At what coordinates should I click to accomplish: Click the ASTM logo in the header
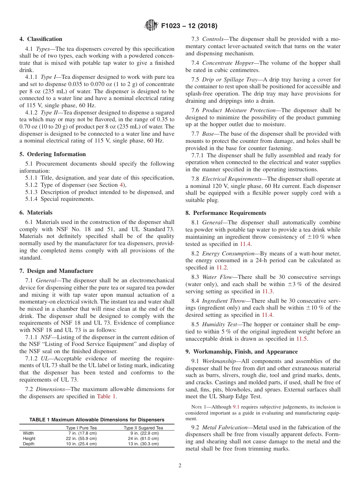click(x=152, y=26)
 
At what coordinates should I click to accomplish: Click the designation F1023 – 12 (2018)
click(x=189, y=26)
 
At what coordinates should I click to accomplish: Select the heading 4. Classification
click(x=41, y=39)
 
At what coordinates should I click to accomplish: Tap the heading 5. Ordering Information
click(x=53, y=154)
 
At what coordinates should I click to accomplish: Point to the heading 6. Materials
click(x=36, y=213)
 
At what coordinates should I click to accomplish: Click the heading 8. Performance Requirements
click(x=226, y=213)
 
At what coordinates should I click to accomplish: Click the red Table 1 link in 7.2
click(x=106, y=396)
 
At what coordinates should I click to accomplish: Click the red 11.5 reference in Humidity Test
click(x=302, y=339)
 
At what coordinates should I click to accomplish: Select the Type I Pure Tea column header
click(x=81, y=428)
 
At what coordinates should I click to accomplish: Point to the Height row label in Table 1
click(x=29, y=438)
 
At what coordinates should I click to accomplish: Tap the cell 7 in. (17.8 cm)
click(x=82, y=433)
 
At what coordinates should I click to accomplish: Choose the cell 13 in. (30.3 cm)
click(x=144, y=444)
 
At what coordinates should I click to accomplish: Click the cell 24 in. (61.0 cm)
click(x=144, y=438)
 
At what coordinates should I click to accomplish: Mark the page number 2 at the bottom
click(x=180, y=466)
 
